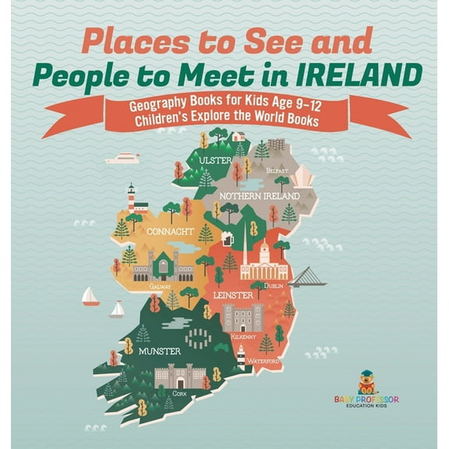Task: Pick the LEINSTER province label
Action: [x=232, y=295]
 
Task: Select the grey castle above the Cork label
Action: [x=180, y=377]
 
